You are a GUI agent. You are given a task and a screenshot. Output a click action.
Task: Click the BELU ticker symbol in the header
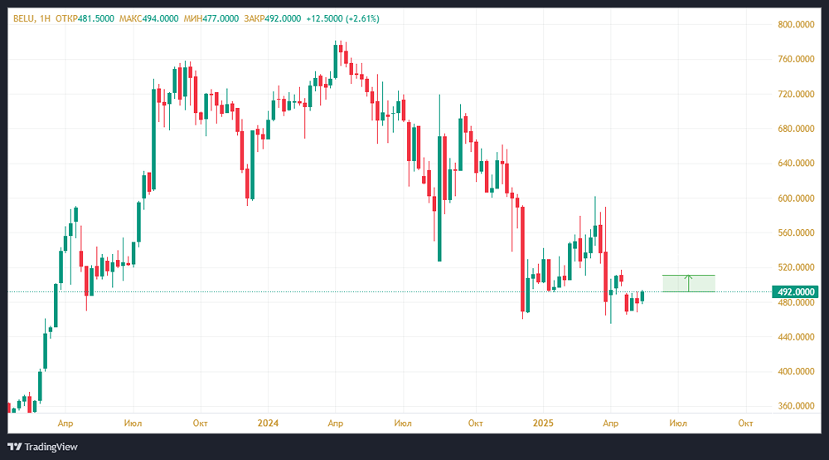click(22, 18)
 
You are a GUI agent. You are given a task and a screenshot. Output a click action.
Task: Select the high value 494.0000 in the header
click(167, 18)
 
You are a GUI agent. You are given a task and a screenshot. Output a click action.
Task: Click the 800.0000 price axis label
click(796, 25)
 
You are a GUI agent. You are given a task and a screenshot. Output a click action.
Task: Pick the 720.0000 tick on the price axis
click(796, 95)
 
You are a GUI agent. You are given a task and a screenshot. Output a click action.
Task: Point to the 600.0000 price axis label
click(796, 198)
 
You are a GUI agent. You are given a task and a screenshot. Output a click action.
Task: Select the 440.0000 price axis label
click(796, 337)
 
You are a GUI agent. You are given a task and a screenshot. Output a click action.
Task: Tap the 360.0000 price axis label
click(796, 407)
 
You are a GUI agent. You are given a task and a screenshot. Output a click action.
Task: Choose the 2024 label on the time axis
click(268, 423)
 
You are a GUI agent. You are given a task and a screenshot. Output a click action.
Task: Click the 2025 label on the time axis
click(543, 423)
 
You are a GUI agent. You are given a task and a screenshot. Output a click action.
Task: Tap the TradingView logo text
click(50, 447)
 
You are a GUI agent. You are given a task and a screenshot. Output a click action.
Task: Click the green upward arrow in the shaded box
click(688, 282)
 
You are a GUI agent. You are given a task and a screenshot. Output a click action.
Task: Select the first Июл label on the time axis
click(132, 423)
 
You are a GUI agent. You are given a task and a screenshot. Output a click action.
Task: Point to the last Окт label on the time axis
click(745, 423)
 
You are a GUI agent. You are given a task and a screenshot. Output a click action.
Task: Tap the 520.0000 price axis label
click(796, 267)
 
